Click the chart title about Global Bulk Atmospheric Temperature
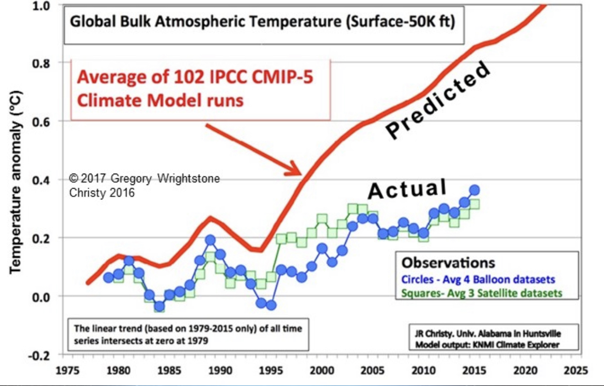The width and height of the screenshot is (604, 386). point(262,23)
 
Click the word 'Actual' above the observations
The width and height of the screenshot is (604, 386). point(407,189)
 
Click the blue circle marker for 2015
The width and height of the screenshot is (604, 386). point(474,190)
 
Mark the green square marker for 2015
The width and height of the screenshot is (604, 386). point(474,204)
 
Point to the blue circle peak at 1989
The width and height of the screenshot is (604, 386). point(210,240)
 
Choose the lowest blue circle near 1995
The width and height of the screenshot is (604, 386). point(271,305)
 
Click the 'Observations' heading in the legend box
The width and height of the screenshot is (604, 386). point(448,263)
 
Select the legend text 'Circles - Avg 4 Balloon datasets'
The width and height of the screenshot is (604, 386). point(478,279)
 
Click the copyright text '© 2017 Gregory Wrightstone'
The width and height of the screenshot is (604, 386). point(145,179)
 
